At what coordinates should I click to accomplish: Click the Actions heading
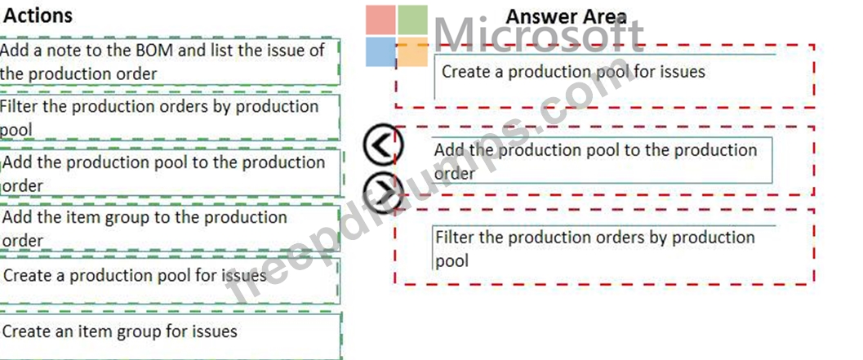38,16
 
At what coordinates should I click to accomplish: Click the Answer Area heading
567,16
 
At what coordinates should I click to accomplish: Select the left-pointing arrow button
383,145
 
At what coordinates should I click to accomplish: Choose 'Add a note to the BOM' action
163,61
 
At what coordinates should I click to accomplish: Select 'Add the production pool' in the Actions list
164,173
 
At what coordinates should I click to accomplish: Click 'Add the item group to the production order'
147,228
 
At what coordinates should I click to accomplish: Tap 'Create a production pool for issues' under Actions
136,275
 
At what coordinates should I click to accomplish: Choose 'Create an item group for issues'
121,331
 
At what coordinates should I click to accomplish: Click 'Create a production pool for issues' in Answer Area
573,71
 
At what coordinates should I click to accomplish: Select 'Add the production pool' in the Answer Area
596,161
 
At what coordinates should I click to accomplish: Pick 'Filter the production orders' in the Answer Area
595,248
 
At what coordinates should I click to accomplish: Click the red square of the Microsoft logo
381,20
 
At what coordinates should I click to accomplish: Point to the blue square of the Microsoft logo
381,51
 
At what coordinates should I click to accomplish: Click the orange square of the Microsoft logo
412,51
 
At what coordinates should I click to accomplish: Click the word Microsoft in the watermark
539,37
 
